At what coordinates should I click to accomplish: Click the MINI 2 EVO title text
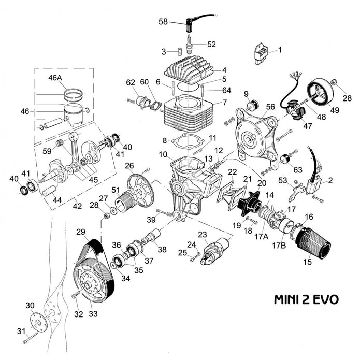pyautogui.click(x=306, y=299)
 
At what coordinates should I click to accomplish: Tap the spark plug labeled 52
pyautogui.click(x=190, y=45)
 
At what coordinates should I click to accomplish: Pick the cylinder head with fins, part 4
pyautogui.click(x=190, y=69)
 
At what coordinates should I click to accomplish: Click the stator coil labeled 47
pyautogui.click(x=296, y=111)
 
